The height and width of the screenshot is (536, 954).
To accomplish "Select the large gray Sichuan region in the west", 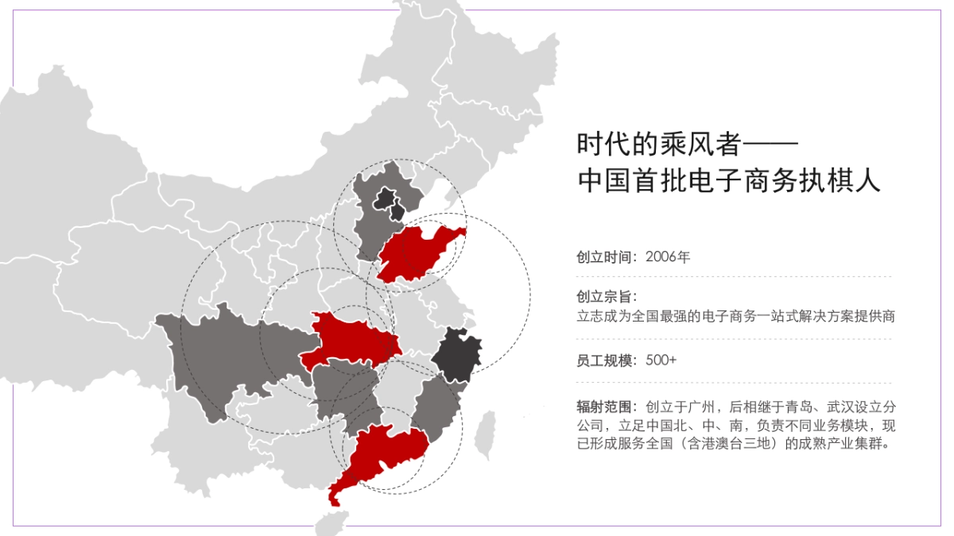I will [215, 357].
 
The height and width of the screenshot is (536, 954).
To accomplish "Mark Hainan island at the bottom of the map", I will [332, 523].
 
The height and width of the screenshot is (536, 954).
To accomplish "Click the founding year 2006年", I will [668, 256].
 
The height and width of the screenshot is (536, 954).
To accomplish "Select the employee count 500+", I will [661, 360].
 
